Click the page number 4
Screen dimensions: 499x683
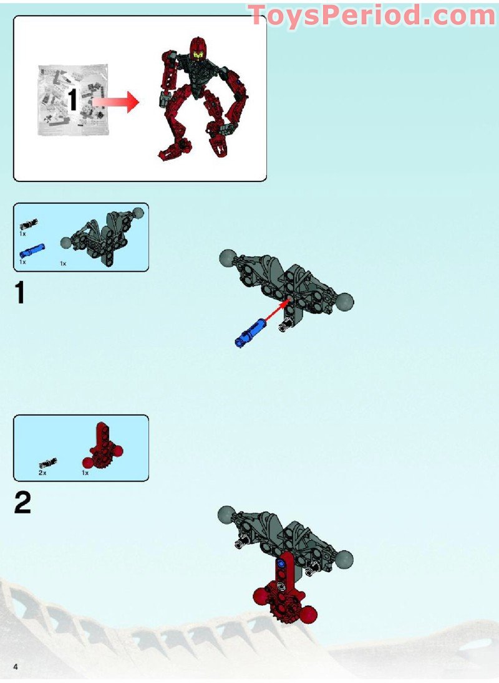click(16, 666)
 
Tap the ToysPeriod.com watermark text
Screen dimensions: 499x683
click(372, 16)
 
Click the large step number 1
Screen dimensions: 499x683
click(20, 292)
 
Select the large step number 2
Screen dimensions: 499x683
click(22, 502)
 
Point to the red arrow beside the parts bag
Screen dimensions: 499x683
click(115, 102)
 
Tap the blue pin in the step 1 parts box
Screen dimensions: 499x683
click(32, 251)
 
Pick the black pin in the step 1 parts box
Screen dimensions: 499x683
click(29, 224)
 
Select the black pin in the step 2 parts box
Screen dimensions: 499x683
click(48, 463)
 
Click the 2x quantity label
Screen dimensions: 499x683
click(42, 472)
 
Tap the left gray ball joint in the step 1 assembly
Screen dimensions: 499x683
click(228, 257)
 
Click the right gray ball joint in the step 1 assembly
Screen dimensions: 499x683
click(345, 302)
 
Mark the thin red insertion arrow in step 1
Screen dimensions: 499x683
click(276, 312)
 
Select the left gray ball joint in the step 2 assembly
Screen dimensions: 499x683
click(226, 514)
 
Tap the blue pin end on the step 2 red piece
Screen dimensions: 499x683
click(281, 563)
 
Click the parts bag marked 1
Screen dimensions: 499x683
click(72, 100)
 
